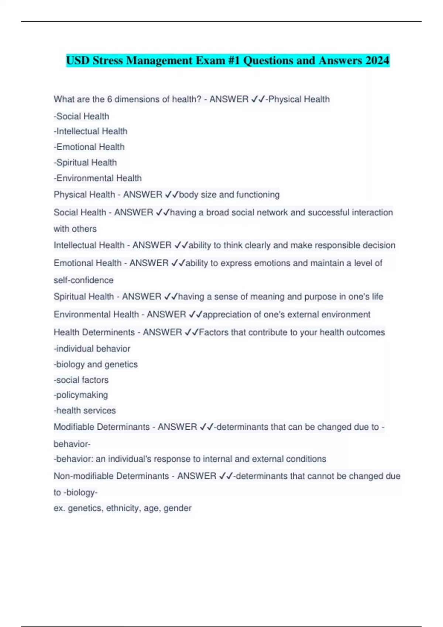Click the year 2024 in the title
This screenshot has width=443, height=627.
pos(377,60)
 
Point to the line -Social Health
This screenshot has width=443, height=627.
pos(82,117)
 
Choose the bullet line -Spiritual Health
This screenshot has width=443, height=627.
pos(85,163)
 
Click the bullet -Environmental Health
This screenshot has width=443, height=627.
pos(98,178)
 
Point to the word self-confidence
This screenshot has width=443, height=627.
pos(84,280)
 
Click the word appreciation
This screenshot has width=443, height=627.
pos(225,315)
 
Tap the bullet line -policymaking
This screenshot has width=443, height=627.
pos(81,395)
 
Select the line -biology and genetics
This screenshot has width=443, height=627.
pos(96,364)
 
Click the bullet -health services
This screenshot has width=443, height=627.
pos(85,411)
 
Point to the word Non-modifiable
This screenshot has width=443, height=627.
pos(83,476)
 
